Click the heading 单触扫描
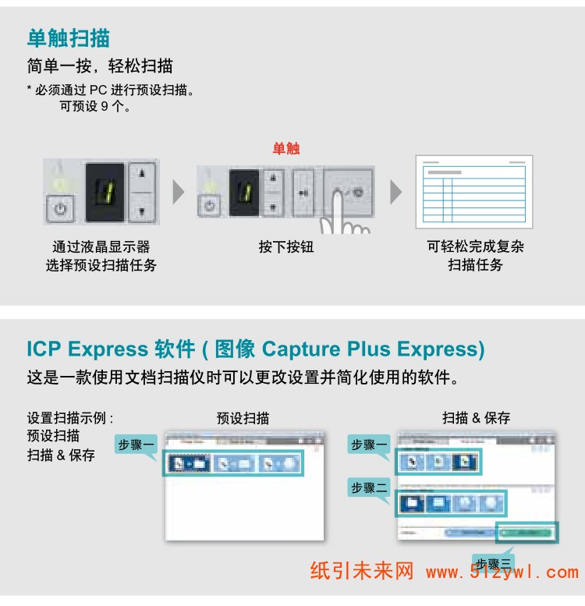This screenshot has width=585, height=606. (69, 37)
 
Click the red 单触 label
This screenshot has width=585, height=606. (285, 148)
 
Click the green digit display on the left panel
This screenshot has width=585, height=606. (105, 192)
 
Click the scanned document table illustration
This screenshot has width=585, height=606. (473, 191)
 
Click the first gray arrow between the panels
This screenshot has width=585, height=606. (179, 192)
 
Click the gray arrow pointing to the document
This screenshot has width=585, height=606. (396, 192)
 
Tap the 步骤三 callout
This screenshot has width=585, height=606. (495, 563)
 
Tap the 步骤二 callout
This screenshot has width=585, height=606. (369, 487)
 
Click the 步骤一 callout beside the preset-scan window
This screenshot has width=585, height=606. (136, 445)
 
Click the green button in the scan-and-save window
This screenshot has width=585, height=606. (529, 532)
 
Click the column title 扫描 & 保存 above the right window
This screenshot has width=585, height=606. (476, 418)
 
